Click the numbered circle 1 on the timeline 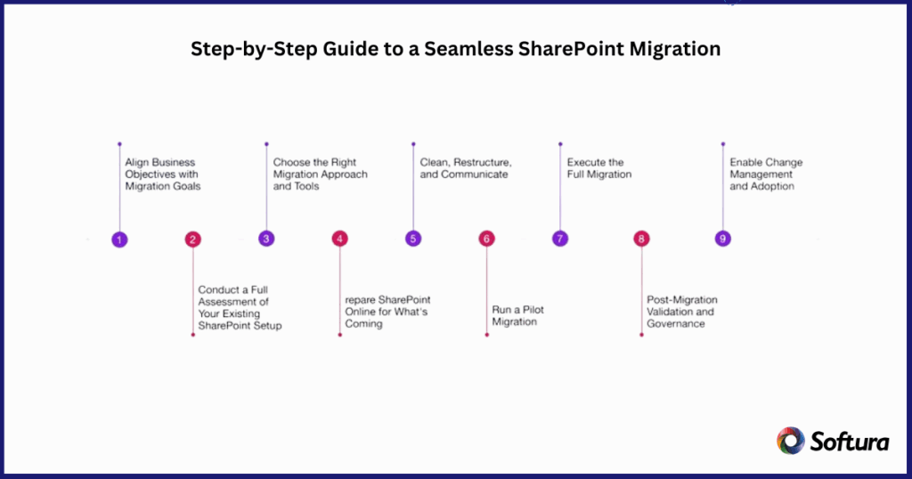(119, 239)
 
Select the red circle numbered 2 (193, 239)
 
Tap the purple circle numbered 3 (266, 239)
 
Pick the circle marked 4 (339, 239)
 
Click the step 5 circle (413, 239)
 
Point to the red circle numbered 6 (486, 239)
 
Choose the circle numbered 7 (559, 239)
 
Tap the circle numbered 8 (641, 239)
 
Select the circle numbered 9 (723, 239)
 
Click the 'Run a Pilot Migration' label (518, 315)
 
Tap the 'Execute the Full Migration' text (599, 168)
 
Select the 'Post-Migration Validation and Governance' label (682, 312)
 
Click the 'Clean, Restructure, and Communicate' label (466, 168)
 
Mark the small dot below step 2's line (193, 335)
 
